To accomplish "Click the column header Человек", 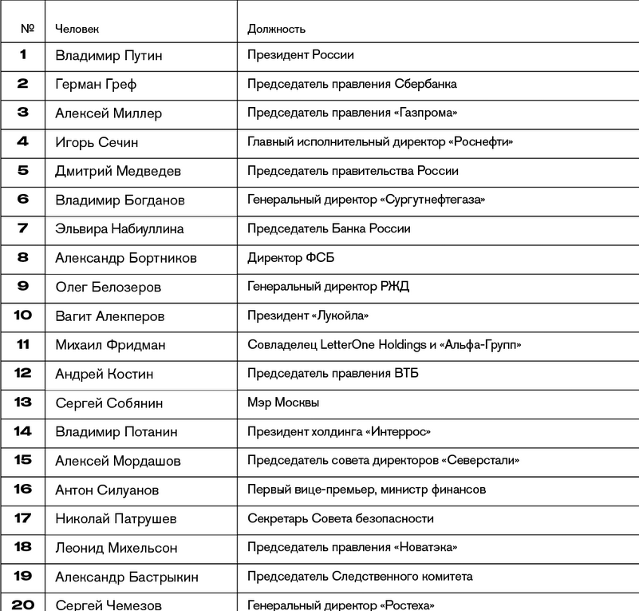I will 77,29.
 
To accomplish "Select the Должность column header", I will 276,29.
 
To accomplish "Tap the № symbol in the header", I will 28,29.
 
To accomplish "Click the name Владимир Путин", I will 108,55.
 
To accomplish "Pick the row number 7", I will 22,228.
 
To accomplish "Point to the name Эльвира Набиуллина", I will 120,229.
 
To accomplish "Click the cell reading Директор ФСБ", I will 290,258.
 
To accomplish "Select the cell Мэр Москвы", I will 283,403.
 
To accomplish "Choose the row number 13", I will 22,403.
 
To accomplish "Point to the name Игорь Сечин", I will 97,142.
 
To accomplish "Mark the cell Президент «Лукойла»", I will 308,315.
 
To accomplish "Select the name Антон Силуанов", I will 107,490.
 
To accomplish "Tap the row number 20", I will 22,604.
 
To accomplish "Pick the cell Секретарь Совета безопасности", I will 341,518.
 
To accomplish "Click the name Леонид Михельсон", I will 116,548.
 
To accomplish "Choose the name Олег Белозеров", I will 108,287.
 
